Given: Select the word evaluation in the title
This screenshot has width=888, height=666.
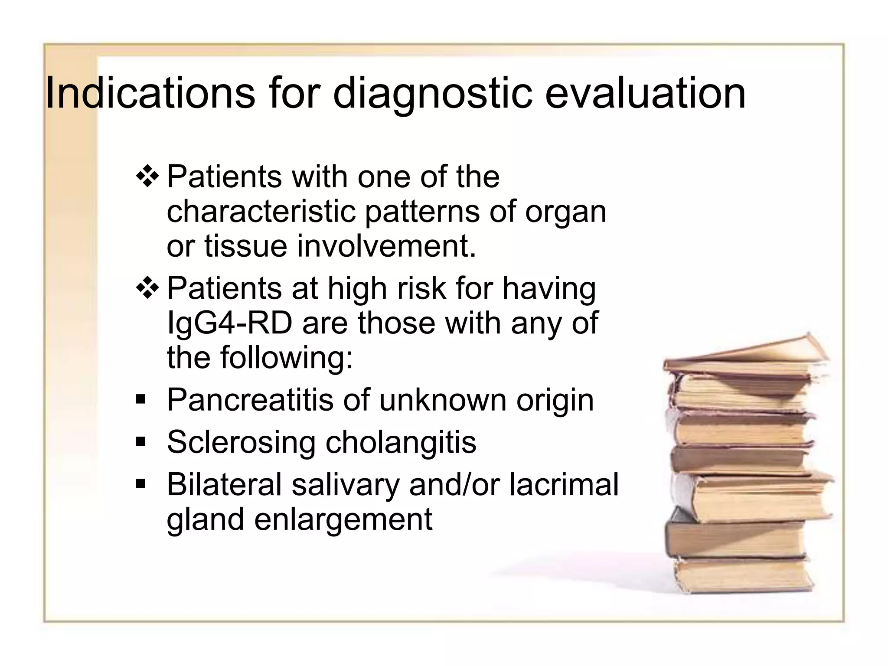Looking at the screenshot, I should pos(645,93).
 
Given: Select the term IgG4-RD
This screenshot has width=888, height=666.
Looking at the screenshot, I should pos(229,323).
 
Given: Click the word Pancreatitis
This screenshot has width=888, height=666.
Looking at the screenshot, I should pos(250,400).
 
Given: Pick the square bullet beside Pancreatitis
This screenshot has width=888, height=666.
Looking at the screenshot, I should pos(140,399).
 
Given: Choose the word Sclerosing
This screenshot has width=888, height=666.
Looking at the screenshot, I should pos(241,443).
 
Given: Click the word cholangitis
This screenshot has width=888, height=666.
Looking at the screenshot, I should pos(401,443).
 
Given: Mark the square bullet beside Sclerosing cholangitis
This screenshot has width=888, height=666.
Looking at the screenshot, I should pos(140,441).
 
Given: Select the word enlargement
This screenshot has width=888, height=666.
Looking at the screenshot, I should pos(343,519).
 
